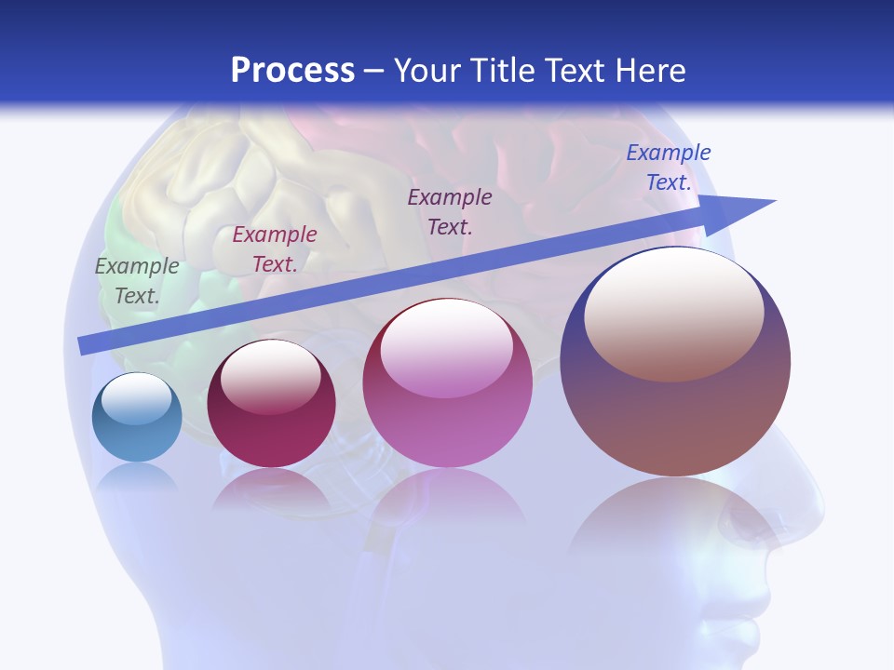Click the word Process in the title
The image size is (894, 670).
point(292,71)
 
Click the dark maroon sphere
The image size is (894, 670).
point(271,405)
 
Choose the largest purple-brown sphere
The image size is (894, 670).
point(675,363)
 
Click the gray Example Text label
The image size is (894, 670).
point(137,281)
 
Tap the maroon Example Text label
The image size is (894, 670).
point(275,249)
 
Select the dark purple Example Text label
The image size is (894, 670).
point(450,211)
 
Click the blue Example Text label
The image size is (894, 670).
point(669,167)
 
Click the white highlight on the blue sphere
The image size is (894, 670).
point(136,398)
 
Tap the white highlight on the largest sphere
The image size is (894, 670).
point(674,312)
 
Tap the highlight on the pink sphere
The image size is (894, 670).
point(447,349)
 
